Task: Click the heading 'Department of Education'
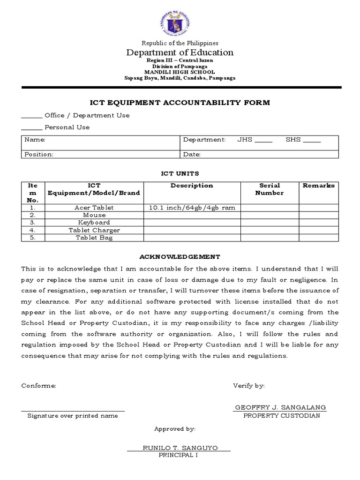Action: [x=180, y=52]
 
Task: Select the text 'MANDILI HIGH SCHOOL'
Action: [x=180, y=72]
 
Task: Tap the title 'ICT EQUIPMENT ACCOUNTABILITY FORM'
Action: [x=180, y=103]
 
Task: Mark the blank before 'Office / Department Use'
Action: [x=31, y=116]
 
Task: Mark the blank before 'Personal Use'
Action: [x=31, y=128]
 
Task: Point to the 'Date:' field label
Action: [x=192, y=154]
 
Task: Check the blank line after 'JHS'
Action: [x=263, y=141]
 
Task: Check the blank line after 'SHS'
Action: [x=312, y=141]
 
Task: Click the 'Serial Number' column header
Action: [x=270, y=189]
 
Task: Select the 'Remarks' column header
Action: [x=319, y=186]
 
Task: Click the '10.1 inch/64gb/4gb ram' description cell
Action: [x=192, y=208]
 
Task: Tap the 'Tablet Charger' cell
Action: [x=94, y=230]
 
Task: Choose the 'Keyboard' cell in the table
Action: [x=94, y=223]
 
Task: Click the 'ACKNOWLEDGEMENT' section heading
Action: [x=180, y=257]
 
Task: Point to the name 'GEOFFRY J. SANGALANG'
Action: [x=280, y=407]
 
